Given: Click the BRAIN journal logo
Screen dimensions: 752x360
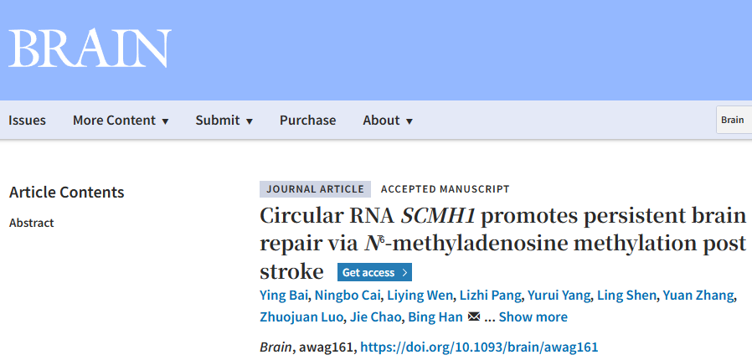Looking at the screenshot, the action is (x=90, y=49).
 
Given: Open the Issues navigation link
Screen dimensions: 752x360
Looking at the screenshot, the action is (x=27, y=120).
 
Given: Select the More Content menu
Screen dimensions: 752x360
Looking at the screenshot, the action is (x=121, y=120).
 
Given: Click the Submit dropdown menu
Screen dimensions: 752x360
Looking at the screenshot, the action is (x=224, y=120).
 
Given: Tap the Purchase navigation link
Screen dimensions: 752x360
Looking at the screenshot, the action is (x=308, y=120).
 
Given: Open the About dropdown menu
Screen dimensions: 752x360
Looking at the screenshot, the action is (x=388, y=120).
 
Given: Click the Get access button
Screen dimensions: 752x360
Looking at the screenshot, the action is (x=374, y=272).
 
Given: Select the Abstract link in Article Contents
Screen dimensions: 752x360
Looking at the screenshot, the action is (x=32, y=223).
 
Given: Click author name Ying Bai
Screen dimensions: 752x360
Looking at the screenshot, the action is (x=283, y=296).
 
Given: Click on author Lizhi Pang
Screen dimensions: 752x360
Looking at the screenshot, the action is (x=491, y=296).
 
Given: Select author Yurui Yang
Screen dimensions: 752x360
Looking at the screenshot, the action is (x=559, y=296).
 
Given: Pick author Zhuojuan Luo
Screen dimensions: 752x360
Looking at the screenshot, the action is (x=301, y=317).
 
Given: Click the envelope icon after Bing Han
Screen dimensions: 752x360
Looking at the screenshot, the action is (x=474, y=316).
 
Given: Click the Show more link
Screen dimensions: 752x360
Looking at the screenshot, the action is (x=533, y=317).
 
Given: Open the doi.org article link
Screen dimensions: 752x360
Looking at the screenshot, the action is (x=479, y=347).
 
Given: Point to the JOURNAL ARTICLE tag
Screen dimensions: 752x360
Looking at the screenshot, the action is (x=315, y=189).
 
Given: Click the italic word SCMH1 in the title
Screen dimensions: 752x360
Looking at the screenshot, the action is (x=438, y=216).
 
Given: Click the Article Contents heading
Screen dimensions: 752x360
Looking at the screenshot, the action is (x=67, y=193).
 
